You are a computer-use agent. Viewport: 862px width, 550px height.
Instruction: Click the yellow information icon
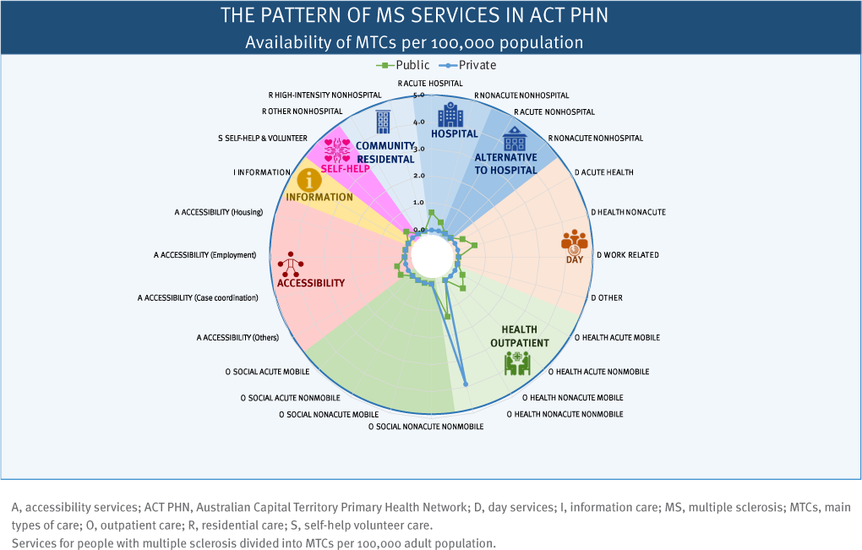tap(313, 178)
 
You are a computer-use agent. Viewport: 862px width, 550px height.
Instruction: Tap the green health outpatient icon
tap(516, 362)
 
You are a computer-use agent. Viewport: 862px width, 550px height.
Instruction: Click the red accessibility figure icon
tap(292, 263)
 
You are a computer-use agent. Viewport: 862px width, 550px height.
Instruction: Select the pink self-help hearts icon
tap(337, 150)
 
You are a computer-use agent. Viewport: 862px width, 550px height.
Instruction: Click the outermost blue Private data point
tap(466, 384)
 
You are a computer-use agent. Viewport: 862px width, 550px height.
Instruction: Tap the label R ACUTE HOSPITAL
tap(430, 84)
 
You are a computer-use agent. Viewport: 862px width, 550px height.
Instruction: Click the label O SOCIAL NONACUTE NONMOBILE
tap(426, 427)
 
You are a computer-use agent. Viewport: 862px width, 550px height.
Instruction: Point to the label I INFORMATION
tap(262, 172)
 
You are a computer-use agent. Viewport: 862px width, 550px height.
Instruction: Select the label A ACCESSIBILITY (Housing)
tap(220, 212)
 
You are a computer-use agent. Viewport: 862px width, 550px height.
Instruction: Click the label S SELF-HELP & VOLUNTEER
tap(262, 137)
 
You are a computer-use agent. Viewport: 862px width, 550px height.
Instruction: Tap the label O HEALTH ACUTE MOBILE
tap(617, 337)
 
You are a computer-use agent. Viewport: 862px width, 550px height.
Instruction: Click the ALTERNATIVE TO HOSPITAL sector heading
tap(505, 164)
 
